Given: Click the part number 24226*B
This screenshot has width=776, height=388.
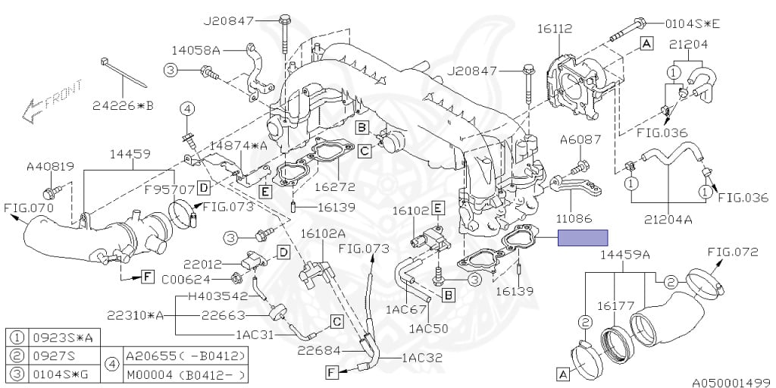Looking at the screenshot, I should pos(125,105).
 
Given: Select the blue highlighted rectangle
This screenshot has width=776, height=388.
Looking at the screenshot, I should pos(584,238).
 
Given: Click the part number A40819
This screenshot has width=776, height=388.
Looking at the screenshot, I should pos(51,166).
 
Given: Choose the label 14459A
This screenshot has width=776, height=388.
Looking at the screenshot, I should pos(624,255).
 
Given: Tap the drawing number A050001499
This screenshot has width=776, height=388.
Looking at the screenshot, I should pos(731,381).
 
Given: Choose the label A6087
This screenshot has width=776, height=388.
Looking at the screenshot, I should pos(580,139).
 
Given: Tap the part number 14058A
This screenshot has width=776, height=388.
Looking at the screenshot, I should pos(196,51).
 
